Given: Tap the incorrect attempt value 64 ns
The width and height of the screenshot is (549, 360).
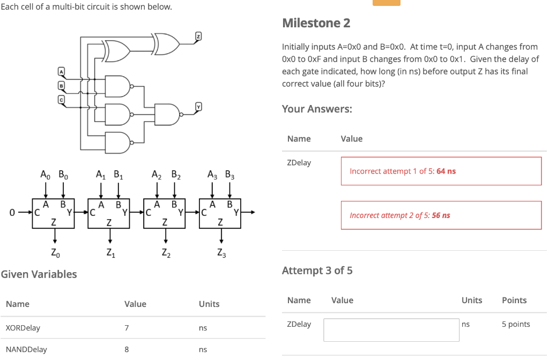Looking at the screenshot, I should [x=446, y=171].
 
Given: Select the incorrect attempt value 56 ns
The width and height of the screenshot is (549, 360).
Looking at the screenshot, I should [x=441, y=215].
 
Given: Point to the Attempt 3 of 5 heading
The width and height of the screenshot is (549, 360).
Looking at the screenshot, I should [x=317, y=271].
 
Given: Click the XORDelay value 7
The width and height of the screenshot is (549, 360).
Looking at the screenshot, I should [x=126, y=328].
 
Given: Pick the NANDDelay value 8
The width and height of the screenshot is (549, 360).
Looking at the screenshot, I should [x=126, y=349].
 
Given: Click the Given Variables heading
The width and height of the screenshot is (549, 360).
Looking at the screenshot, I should [x=39, y=274].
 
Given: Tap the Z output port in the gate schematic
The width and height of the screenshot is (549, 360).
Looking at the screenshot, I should [x=198, y=36].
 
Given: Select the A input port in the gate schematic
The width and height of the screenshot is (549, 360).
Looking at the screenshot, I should [x=61, y=72].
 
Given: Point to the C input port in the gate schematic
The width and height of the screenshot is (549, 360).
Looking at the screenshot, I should [x=61, y=97].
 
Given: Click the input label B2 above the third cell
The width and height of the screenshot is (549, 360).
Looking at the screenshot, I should [x=175, y=174].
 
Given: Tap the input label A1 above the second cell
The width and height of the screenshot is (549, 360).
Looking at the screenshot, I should [x=100, y=174].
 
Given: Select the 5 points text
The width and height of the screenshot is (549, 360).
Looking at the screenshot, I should [x=515, y=324].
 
